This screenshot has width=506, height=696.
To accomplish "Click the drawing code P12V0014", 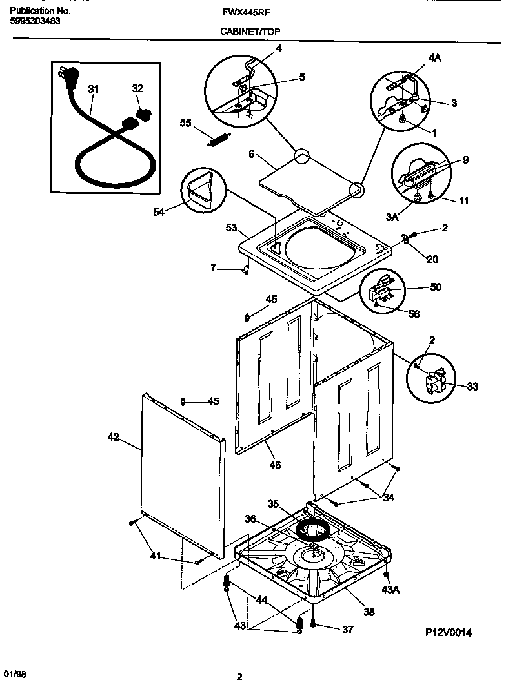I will click(x=448, y=633).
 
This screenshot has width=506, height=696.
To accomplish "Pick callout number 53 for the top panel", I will click(x=232, y=228).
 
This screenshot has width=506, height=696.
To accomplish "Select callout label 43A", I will click(x=389, y=590).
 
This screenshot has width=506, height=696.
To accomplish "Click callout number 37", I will click(x=347, y=630).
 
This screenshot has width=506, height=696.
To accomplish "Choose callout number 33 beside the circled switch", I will click(x=472, y=387).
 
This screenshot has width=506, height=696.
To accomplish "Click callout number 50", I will click(x=436, y=287).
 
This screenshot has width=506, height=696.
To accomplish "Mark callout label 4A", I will click(x=434, y=58).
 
